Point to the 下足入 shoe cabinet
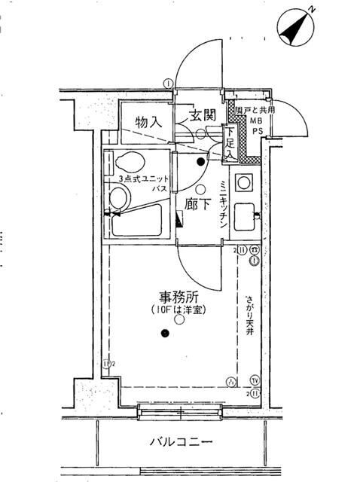pyautogui.click(x=230, y=143)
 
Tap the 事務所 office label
pyautogui.click(x=178, y=295)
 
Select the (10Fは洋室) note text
pyautogui.click(x=178, y=309)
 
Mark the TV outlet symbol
pyautogui.click(x=255, y=380)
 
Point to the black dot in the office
pyautogui.click(x=164, y=336)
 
